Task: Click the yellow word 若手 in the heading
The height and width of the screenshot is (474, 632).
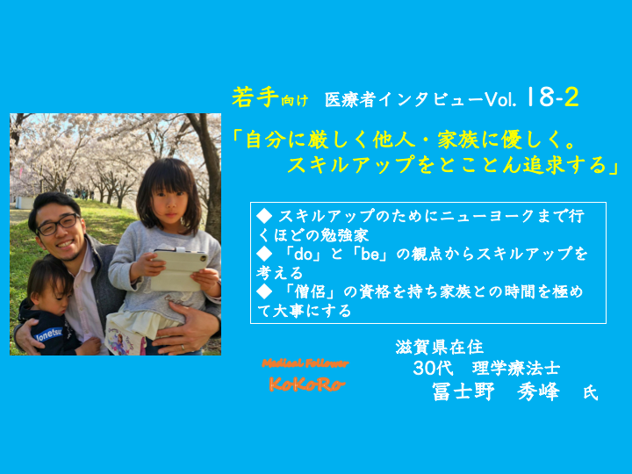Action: (255, 97)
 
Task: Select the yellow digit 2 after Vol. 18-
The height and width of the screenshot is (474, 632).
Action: (571, 97)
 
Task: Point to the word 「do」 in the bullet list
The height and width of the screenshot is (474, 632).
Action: (298, 255)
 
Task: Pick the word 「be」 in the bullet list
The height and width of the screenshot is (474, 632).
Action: (365, 255)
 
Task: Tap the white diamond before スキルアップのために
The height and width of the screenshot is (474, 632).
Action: (264, 217)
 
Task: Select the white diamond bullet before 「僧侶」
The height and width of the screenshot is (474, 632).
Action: (264, 291)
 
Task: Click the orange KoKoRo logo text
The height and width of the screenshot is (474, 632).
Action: (307, 384)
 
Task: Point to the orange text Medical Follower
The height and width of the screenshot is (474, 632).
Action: (305, 363)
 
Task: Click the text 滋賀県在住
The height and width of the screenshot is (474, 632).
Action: (440, 348)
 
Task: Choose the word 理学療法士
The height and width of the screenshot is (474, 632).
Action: (516, 368)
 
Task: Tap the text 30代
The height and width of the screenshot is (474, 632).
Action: (433, 368)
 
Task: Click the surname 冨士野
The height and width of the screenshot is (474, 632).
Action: (463, 391)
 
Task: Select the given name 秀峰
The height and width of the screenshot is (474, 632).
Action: (538, 391)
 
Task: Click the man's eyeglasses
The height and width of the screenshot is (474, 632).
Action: (59, 225)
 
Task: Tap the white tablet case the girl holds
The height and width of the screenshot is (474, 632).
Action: (179, 269)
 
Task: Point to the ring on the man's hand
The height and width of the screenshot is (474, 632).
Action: (183, 347)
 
